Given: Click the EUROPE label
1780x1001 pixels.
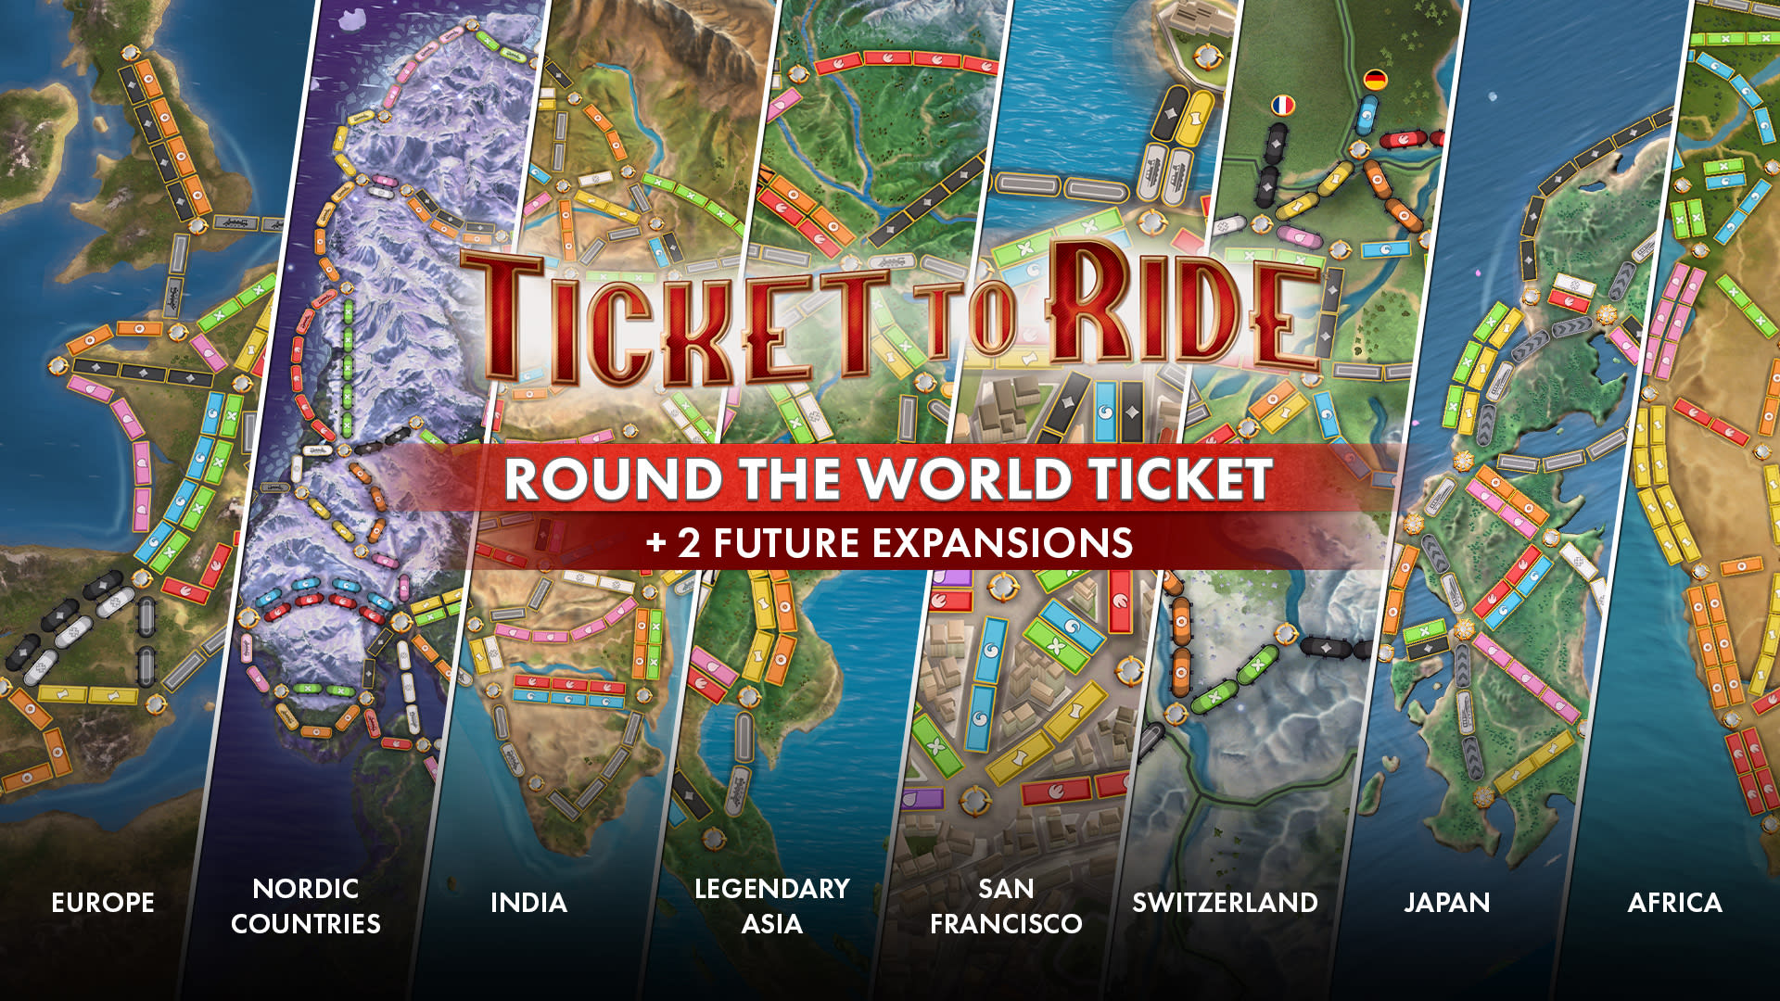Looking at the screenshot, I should point(103,903).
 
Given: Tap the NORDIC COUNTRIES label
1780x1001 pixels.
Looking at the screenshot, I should point(306,906).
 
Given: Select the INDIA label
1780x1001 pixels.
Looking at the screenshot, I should point(528,903).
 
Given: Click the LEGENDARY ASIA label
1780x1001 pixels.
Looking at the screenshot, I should point(772,906).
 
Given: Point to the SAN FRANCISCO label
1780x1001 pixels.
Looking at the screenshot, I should point(1006,906).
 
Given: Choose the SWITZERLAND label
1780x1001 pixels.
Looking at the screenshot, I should point(1225,903).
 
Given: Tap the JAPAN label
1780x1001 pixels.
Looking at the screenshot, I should point(1446,903).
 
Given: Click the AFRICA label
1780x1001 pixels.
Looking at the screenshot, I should point(1674,903).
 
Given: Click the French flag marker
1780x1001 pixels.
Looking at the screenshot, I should point(1283,105).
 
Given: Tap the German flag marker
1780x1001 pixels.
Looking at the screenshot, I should point(1375,81).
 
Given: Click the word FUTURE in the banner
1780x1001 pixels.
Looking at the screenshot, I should point(786,543).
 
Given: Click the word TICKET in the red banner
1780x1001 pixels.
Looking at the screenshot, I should point(1179,479).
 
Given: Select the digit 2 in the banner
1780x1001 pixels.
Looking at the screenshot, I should point(689,543).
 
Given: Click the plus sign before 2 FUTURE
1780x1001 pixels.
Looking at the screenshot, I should point(656,542).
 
